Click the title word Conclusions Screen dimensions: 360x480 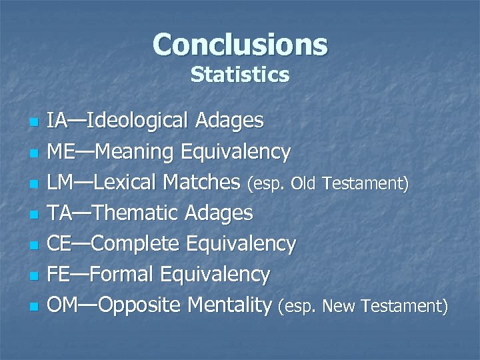(240, 45)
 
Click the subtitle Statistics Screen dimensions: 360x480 (240, 75)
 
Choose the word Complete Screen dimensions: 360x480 (136, 244)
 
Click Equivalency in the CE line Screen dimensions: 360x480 (242, 244)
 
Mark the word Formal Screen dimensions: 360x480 (125, 275)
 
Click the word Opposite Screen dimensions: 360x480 (141, 305)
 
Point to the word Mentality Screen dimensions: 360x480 (230, 305)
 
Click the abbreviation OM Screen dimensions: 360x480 (63, 305)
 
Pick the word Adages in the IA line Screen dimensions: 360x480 (230, 121)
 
